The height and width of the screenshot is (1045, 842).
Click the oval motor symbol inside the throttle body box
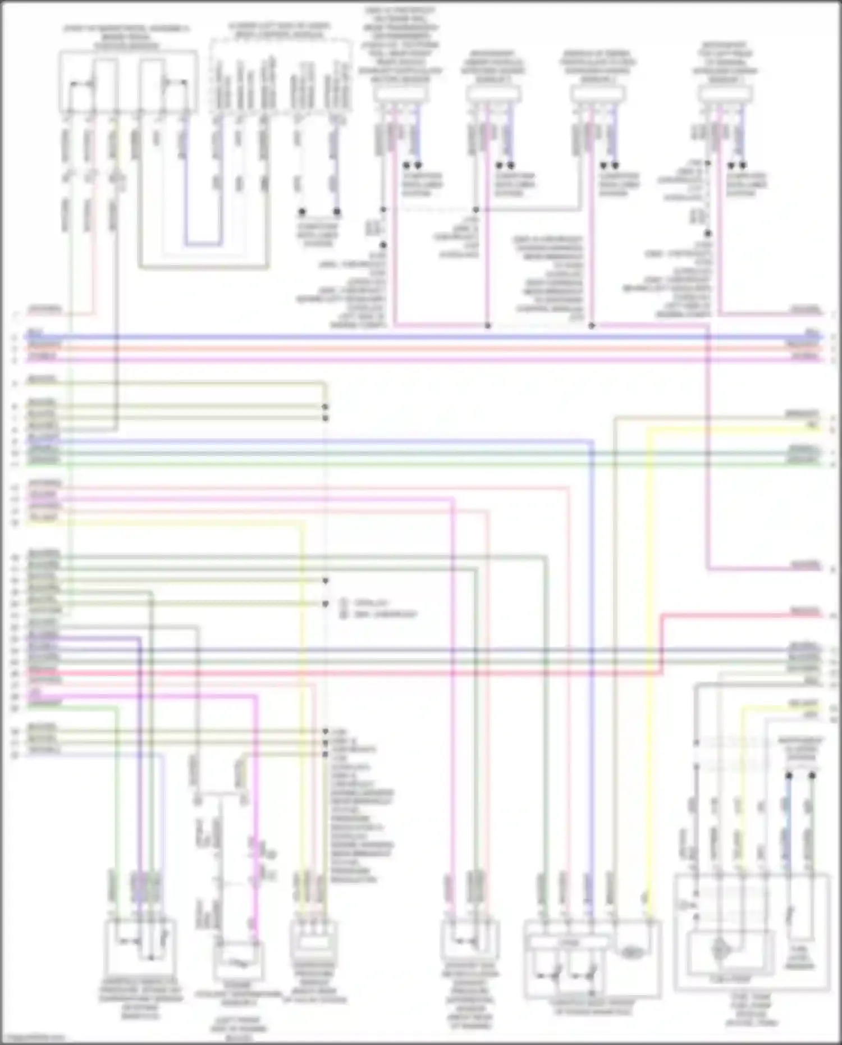pos(631,951)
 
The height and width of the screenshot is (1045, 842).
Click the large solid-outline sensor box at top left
pos(128,82)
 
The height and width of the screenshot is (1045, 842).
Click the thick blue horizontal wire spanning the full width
pos(421,337)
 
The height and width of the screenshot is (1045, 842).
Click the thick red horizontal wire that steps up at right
pos(393,672)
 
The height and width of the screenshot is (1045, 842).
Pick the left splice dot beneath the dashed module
pos(302,212)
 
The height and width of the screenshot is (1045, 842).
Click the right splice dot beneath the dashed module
pos(337,212)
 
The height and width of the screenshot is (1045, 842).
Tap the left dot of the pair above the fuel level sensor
pos(789,775)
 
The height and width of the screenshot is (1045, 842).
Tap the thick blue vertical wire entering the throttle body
pos(591,674)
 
